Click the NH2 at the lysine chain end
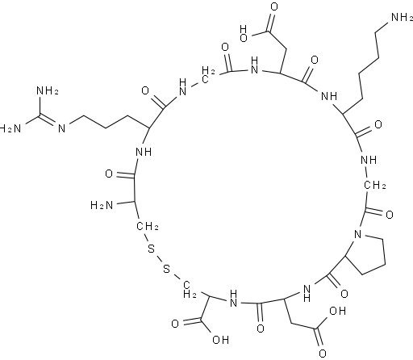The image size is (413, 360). pyautogui.click(x=402, y=18)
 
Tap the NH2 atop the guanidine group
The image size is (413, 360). pyautogui.click(x=48, y=90)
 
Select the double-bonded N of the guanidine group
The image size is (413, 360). pyautogui.click(x=62, y=128)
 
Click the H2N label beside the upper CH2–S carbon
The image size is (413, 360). pyautogui.click(x=102, y=206)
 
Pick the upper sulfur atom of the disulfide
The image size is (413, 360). pyautogui.click(x=152, y=249)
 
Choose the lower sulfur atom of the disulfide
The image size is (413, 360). pyautogui.click(x=167, y=268)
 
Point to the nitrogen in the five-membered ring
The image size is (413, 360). pyautogui.click(x=357, y=234)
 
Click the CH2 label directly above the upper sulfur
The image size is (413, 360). pyautogui.click(x=148, y=226)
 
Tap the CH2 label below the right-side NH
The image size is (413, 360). pyautogui.click(x=375, y=185)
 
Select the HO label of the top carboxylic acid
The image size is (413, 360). pyautogui.click(x=244, y=34)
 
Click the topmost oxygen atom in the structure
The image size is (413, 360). pyautogui.click(x=274, y=7)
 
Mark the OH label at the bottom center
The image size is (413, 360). pyautogui.click(x=220, y=340)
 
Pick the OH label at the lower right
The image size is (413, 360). pyautogui.click(x=337, y=311)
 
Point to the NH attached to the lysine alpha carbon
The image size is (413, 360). pyautogui.click(x=329, y=96)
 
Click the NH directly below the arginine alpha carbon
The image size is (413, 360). pyautogui.click(x=144, y=152)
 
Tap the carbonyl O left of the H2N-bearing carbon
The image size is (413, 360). pyautogui.click(x=109, y=174)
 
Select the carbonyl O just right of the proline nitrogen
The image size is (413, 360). pyautogui.click(x=390, y=215)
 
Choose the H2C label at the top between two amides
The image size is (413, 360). pyautogui.click(x=208, y=76)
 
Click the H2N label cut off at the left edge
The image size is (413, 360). pyautogui.click(x=10, y=128)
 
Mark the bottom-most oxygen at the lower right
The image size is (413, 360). pyautogui.click(x=323, y=354)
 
